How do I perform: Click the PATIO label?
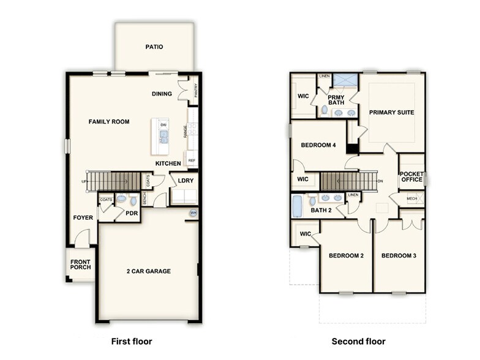[154, 47]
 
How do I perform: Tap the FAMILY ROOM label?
[109, 122]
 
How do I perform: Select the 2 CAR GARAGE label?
[149, 271]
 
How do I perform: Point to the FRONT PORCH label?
[80, 265]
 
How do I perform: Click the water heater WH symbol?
[193, 213]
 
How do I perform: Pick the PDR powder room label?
[132, 213]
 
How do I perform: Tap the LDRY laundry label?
[186, 181]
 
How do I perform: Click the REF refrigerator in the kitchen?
[192, 160]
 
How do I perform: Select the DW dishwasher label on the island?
[163, 126]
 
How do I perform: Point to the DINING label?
[162, 94]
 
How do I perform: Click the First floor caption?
[131, 341]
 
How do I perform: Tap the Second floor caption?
[358, 341]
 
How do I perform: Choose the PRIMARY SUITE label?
[392, 113]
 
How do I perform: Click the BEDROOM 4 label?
[318, 145]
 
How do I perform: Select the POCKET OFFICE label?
[411, 177]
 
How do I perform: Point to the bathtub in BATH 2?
[298, 206]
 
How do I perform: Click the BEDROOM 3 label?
[399, 255]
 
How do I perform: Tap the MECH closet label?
[412, 199]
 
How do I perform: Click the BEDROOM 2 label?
[347, 255]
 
